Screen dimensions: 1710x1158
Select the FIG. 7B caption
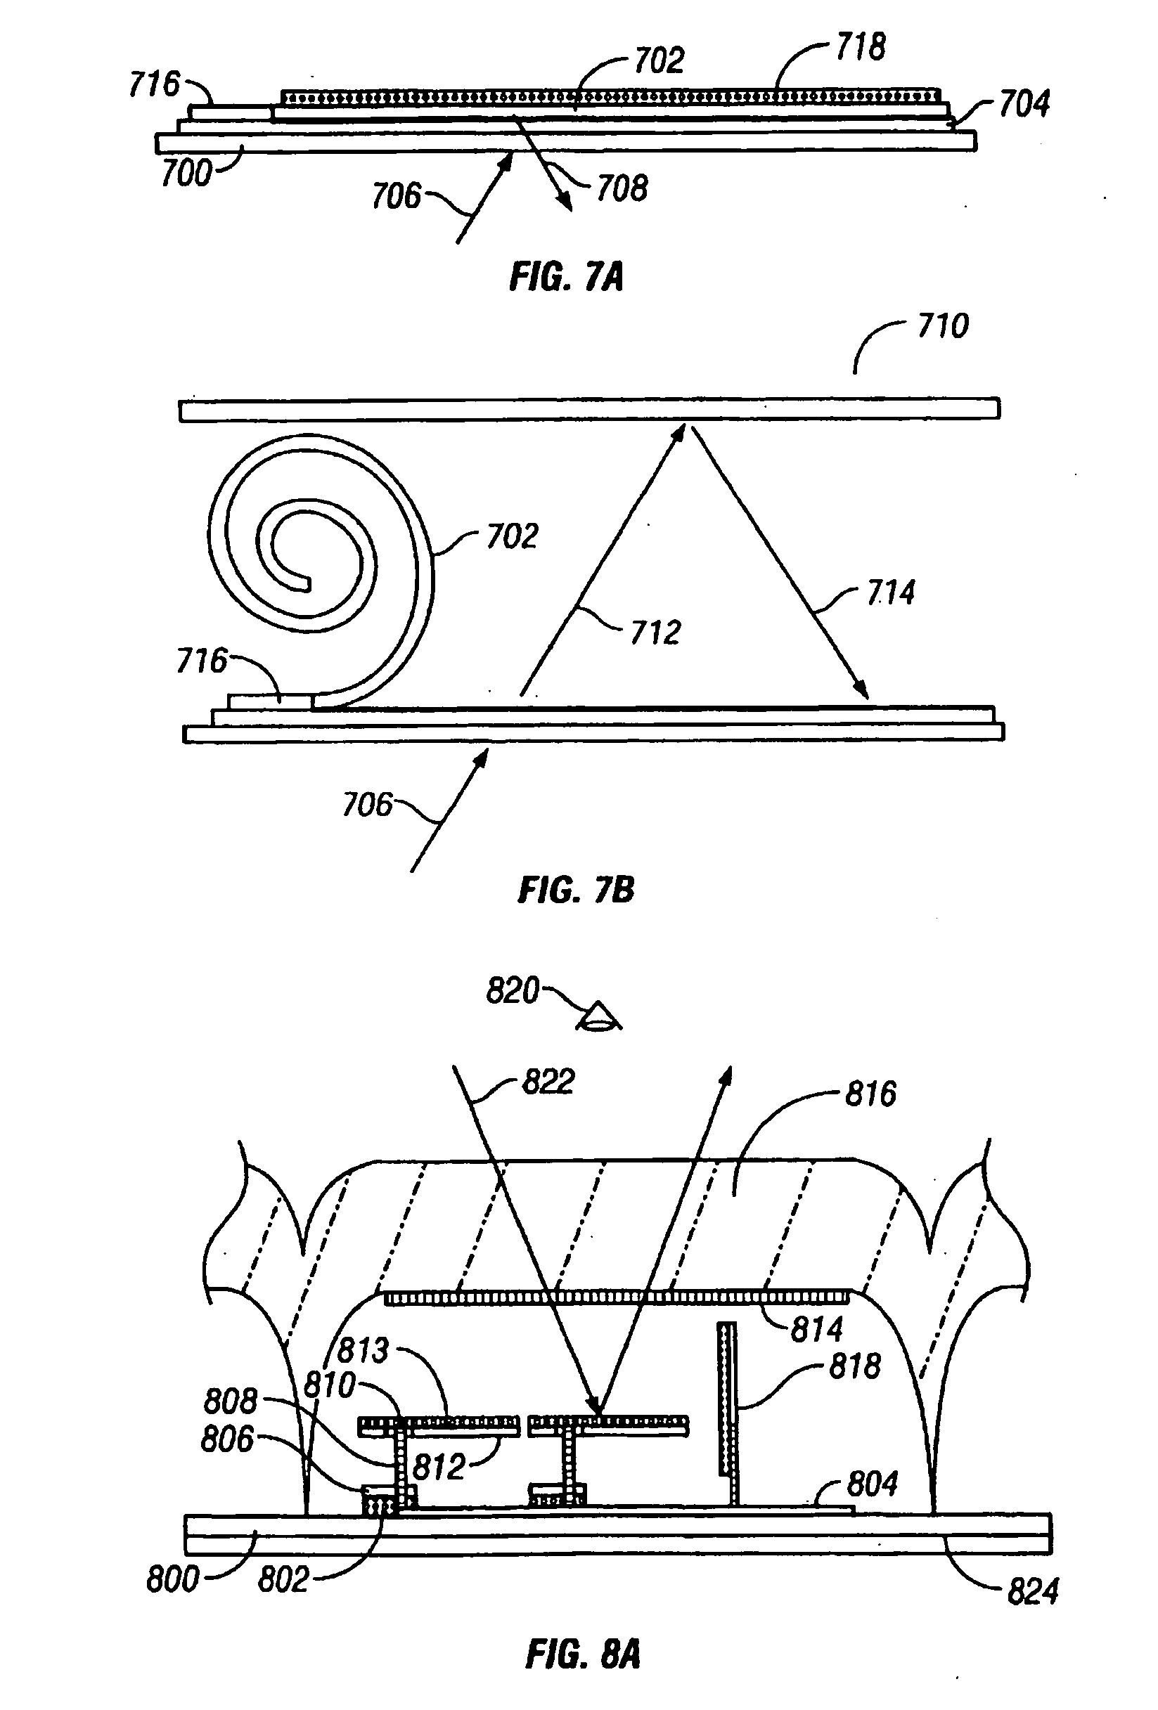click(576, 890)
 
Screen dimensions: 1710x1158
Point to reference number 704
click(1023, 105)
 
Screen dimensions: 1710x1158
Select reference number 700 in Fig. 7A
click(186, 174)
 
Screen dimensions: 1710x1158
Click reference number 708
click(622, 189)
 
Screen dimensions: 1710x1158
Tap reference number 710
click(942, 326)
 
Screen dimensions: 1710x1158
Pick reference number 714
click(891, 592)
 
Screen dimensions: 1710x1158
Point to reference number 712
click(655, 632)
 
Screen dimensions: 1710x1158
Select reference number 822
click(548, 1082)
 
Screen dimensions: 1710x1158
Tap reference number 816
click(870, 1094)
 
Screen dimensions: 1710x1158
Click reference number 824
click(1032, 1591)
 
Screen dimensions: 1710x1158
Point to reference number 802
click(283, 1580)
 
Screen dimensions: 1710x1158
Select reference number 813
click(363, 1350)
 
